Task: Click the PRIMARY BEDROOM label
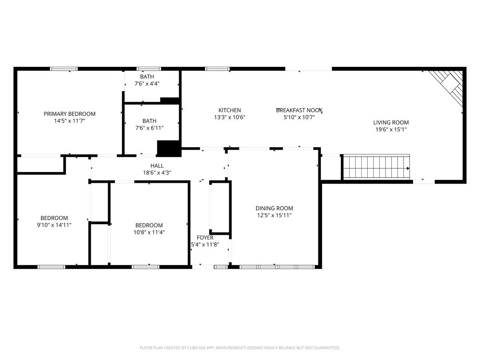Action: [70, 114]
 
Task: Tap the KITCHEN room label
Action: [230, 110]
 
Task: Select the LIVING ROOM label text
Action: [391, 123]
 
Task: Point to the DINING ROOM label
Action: [274, 208]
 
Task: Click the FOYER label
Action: [205, 238]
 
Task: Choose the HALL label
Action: [157, 166]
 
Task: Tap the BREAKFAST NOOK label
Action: [299, 110]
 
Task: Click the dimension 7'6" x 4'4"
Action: [147, 84]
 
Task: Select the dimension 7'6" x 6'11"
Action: [149, 128]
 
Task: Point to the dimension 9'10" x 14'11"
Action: [54, 225]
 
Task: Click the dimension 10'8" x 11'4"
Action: [149, 232]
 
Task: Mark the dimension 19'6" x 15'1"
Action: [391, 129]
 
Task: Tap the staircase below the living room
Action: [376, 167]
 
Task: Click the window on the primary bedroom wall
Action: [64, 69]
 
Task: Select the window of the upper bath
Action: [149, 69]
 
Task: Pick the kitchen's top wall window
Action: [217, 69]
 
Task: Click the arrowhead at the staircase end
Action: [408, 168]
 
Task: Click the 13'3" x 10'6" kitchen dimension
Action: [230, 117]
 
